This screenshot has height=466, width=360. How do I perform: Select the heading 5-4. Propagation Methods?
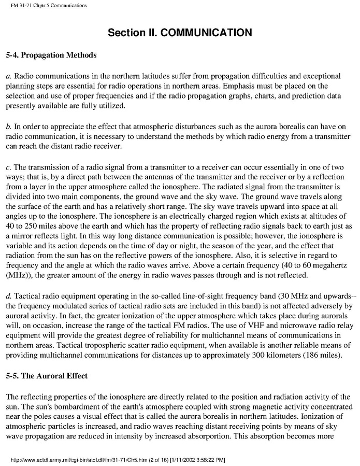pyautogui.click(x=48, y=53)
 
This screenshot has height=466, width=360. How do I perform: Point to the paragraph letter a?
pyautogui.click(x=8, y=75)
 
